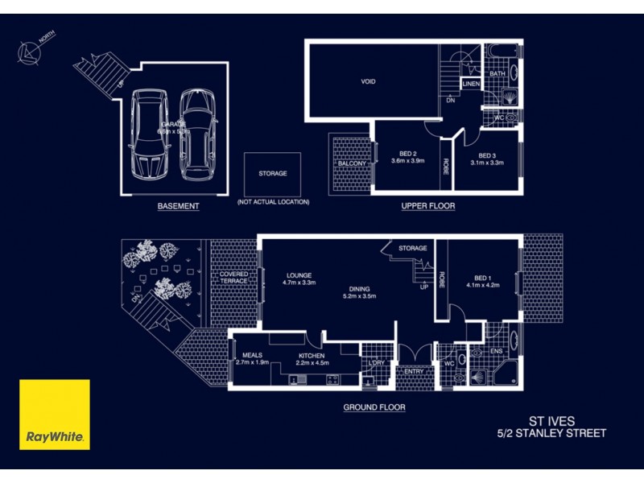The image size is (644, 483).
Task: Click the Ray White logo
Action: tap(55, 414)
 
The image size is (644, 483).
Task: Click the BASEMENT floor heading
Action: tap(178, 207)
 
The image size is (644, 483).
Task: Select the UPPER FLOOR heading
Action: tap(428, 207)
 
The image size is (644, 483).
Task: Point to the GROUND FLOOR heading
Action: tap(374, 408)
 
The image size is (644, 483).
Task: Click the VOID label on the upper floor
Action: tap(369, 81)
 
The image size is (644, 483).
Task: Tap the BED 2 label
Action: tap(408, 155)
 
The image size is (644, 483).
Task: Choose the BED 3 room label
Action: tap(486, 155)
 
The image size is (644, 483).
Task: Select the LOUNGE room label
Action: tap(297, 275)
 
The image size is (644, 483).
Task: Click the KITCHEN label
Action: tap(312, 355)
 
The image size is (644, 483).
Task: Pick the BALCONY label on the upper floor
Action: tap(353, 163)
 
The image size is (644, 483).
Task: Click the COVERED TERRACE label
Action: tap(234, 278)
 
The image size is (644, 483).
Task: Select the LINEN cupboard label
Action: tap(471, 83)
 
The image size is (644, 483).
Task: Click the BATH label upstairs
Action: tap(497, 74)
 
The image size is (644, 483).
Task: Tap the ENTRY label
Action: tap(415, 371)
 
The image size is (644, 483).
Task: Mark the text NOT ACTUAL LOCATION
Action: tap(273, 202)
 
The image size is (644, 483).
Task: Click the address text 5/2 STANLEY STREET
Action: tap(551, 434)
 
